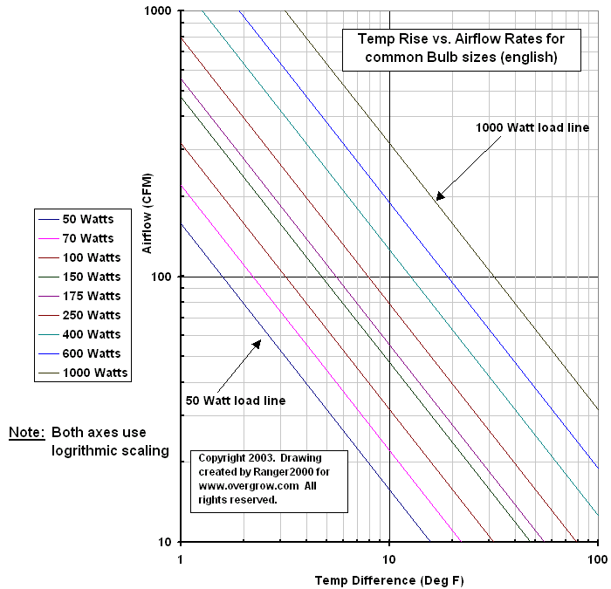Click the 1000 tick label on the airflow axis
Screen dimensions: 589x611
tap(161, 11)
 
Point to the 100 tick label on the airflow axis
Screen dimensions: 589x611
tap(164, 277)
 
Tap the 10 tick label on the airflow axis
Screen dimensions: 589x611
tap(167, 542)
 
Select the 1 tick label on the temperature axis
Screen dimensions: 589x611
tap(181, 558)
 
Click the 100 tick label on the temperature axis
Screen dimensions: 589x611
tap(597, 558)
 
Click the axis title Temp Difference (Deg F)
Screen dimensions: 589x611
tap(388, 579)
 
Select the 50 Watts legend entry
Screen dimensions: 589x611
tap(88, 219)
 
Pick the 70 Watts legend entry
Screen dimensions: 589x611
tap(88, 238)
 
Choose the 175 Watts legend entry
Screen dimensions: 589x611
tap(92, 296)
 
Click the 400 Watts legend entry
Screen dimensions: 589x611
tap(92, 334)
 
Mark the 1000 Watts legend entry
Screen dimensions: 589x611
tap(95, 373)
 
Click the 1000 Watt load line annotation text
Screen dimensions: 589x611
tap(532, 127)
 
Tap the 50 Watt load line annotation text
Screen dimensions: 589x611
tap(236, 401)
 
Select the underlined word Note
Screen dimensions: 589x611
tap(26, 433)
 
